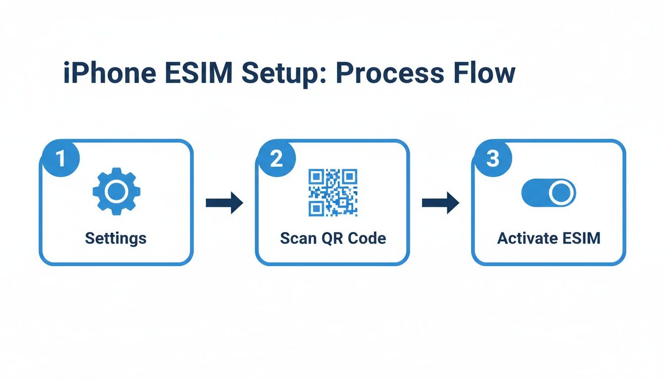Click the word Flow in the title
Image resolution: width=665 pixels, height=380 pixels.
pos(483,74)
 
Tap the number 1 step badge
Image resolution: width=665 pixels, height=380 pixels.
pos(60,159)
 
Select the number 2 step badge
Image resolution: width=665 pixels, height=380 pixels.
pos(276,159)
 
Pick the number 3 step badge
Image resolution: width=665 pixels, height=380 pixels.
pos(492,159)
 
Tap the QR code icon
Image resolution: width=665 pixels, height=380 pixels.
pos(332,192)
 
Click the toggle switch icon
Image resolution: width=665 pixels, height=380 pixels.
pos(549,192)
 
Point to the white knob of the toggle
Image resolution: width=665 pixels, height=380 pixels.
pos(562,192)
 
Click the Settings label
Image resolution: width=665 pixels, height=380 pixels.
pos(116,238)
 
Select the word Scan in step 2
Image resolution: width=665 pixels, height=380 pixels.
pos(298,238)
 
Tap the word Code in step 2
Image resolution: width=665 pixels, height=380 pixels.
pos(367,238)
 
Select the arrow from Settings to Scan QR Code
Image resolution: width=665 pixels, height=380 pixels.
pos(224,203)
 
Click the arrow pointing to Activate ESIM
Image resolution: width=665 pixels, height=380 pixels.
pos(440,203)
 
